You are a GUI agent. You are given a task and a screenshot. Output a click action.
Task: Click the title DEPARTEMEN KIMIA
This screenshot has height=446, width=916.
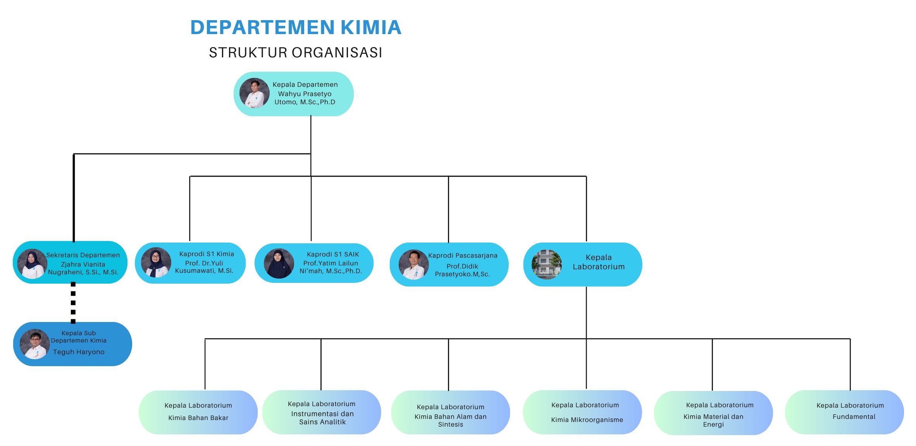click(x=296, y=28)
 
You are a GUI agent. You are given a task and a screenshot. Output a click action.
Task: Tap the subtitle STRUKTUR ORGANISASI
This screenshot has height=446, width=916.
click(x=296, y=52)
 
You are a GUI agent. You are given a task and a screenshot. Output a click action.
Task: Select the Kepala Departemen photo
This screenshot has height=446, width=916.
click(x=254, y=93)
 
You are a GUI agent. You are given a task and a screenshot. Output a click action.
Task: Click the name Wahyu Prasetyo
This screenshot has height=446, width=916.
click(x=305, y=94)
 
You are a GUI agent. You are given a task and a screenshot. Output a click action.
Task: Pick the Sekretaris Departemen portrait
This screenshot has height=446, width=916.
click(x=32, y=264)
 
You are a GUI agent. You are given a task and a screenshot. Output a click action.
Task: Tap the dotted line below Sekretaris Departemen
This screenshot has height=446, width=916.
click(x=73, y=303)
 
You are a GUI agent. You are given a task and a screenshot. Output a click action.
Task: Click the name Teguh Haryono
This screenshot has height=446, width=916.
click(x=79, y=352)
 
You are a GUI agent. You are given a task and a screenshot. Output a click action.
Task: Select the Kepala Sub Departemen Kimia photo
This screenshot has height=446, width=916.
click(x=35, y=344)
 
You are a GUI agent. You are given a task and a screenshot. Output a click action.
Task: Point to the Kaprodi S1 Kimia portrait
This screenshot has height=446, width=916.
click(x=156, y=263)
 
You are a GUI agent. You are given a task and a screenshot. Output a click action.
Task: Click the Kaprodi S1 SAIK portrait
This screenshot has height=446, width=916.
click(x=279, y=263)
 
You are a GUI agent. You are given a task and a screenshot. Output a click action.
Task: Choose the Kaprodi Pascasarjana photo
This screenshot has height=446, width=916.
click(x=413, y=265)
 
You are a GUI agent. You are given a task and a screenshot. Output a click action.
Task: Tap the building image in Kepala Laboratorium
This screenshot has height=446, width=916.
click(x=547, y=265)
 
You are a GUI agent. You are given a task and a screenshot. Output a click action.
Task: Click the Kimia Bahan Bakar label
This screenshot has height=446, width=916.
click(x=198, y=418)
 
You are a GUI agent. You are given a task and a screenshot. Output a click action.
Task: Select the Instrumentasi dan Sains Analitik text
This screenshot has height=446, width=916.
click(x=322, y=418)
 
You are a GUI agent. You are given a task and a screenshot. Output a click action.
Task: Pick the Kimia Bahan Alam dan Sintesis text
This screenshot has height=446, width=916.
click(x=451, y=420)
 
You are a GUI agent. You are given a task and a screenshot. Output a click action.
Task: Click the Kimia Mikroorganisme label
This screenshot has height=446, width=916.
click(x=587, y=420)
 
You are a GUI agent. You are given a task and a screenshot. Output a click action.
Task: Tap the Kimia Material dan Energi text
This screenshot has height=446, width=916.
click(x=713, y=420)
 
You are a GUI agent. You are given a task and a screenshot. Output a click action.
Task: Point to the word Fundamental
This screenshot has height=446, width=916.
click(x=854, y=417)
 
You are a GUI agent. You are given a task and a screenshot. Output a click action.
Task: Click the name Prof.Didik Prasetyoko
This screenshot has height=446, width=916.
click(x=462, y=270)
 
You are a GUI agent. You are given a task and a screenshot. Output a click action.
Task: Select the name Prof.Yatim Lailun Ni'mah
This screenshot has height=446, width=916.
click(x=331, y=267)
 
